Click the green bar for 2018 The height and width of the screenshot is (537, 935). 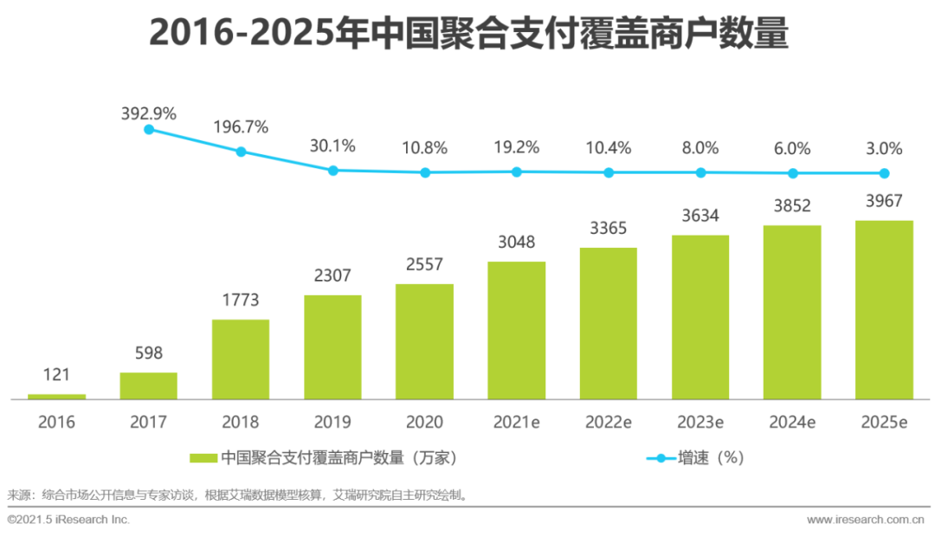[241, 359]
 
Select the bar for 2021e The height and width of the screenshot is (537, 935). [517, 330]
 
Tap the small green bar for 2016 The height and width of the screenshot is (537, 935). [57, 397]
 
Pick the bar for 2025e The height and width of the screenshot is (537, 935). [884, 309]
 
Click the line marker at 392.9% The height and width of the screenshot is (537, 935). [149, 129]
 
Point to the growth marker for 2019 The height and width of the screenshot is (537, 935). [333, 170]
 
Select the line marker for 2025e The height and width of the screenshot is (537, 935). [884, 172]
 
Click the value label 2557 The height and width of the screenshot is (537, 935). [424, 266]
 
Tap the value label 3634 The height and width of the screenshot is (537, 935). [700, 216]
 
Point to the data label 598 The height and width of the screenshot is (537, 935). [149, 353]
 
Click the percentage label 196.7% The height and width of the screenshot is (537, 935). [241, 127]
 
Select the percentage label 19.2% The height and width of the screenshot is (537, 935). [517, 147]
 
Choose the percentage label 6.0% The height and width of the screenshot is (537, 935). [792, 148]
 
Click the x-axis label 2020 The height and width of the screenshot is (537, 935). [424, 423]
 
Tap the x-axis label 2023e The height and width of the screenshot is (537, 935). [700, 423]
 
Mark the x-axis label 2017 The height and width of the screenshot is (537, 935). [149, 423]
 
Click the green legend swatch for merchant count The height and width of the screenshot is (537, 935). [203, 457]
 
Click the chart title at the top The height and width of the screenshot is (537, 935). [468, 33]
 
